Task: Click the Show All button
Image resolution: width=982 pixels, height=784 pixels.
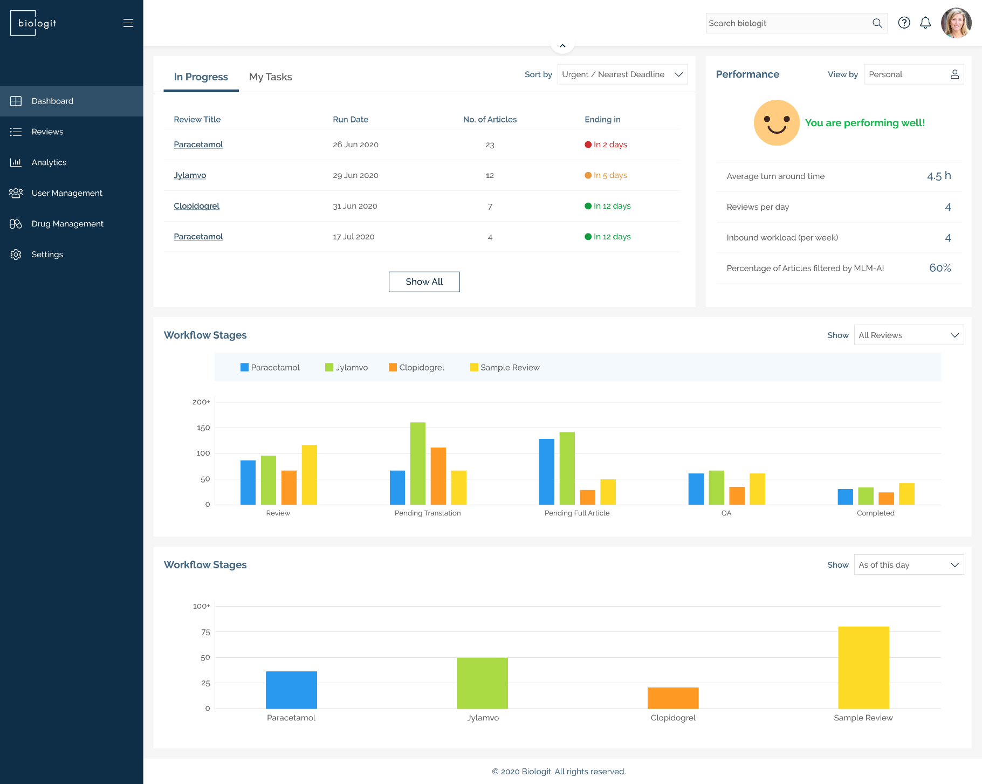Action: pyautogui.click(x=424, y=281)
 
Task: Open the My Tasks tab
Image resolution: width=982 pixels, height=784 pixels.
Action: pyautogui.click(x=270, y=77)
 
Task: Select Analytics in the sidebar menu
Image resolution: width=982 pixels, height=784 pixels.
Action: pyautogui.click(x=49, y=162)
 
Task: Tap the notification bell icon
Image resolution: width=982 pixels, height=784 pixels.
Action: pyautogui.click(x=925, y=23)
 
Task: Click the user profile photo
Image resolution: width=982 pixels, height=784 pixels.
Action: pyautogui.click(x=956, y=23)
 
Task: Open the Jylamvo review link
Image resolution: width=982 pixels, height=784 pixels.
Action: pyautogui.click(x=190, y=175)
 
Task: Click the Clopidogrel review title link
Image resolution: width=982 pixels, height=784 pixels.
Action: pyautogui.click(x=196, y=206)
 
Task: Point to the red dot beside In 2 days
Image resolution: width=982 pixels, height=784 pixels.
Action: pyautogui.click(x=588, y=145)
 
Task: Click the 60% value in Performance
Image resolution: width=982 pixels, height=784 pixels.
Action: pyautogui.click(x=939, y=268)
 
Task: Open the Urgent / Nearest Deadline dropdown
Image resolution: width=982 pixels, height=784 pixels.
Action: pyautogui.click(x=622, y=74)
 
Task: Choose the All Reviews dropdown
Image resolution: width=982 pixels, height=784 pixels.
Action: pyautogui.click(x=908, y=335)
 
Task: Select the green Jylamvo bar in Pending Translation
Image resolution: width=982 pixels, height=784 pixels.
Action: pyautogui.click(x=417, y=463)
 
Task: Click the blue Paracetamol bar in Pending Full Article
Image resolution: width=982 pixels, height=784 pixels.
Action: pyautogui.click(x=546, y=472)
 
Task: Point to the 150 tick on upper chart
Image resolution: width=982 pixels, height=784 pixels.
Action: pyautogui.click(x=203, y=428)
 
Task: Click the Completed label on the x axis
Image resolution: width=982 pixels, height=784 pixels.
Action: pyautogui.click(x=875, y=513)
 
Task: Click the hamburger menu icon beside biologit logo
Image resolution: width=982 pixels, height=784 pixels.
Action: pyautogui.click(x=128, y=23)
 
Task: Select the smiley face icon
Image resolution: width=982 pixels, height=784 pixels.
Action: pyautogui.click(x=776, y=123)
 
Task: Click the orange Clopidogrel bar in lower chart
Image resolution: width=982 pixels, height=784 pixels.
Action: pyautogui.click(x=672, y=698)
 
